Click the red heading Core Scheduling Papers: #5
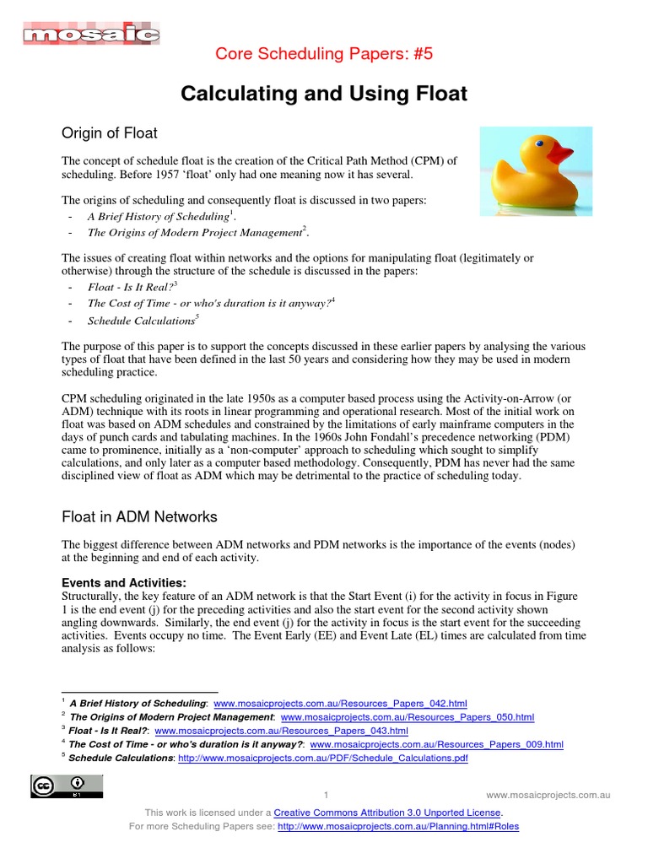[x=324, y=55]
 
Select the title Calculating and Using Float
[x=324, y=94]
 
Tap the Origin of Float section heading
[x=110, y=132]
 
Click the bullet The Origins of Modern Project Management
[x=194, y=232]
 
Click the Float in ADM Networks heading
[x=140, y=516]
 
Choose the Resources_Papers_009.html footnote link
[x=437, y=744]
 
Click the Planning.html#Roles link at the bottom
[x=397, y=826]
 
